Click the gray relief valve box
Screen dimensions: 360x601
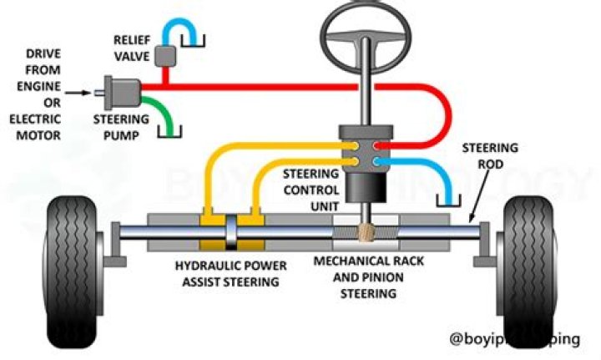168,55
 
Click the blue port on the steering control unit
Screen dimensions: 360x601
377,158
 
